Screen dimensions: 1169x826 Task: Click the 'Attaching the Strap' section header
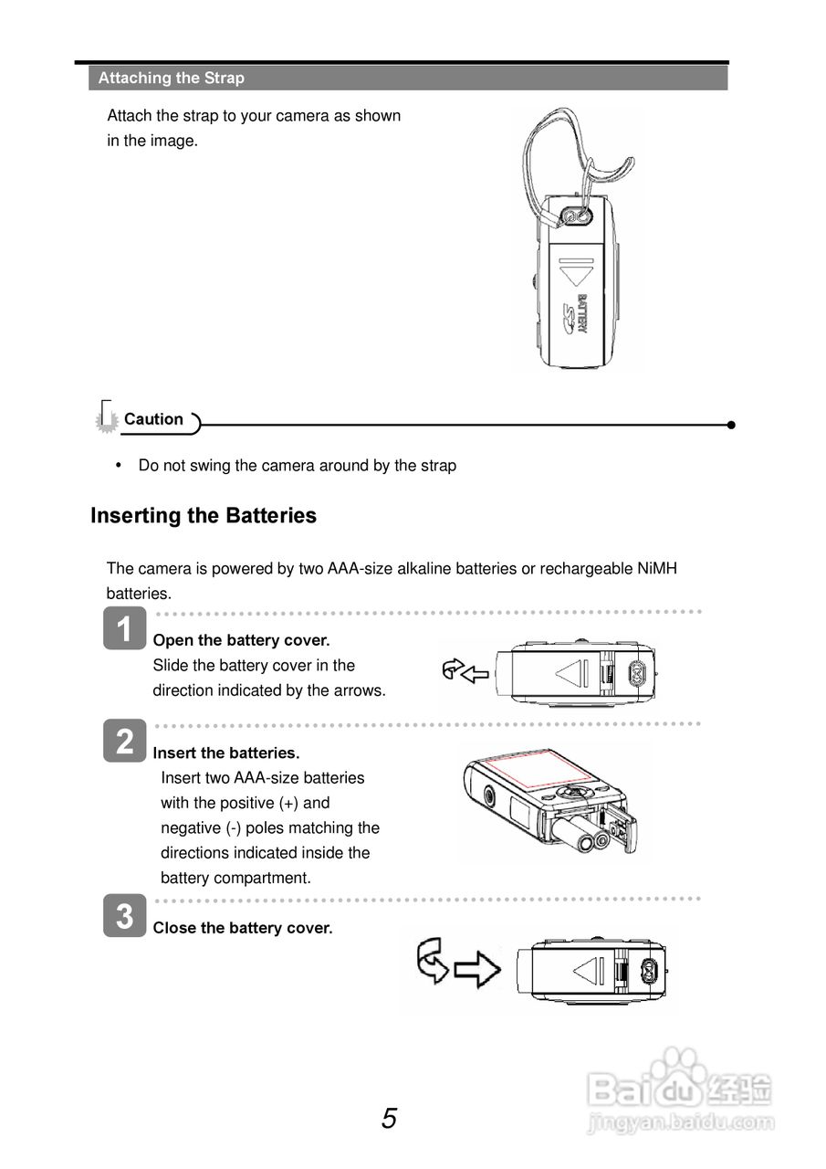[x=172, y=79]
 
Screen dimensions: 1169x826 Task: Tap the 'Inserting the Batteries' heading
[x=204, y=516]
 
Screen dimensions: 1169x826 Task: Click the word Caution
[x=153, y=419]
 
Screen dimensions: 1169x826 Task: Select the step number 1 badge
[x=125, y=629]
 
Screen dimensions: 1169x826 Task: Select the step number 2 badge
[x=125, y=741]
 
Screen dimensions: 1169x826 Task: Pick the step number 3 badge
[x=125, y=915]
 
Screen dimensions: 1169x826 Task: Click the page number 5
[x=390, y=1119]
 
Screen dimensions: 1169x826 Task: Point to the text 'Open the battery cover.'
[x=242, y=640]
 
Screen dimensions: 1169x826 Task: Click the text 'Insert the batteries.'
[x=226, y=753]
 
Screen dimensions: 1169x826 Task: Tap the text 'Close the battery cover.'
[x=243, y=928]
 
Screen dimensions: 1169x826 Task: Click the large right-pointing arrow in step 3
[x=477, y=970]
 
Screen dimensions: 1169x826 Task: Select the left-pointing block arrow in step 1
[x=476, y=675]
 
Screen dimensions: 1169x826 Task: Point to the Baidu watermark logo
[x=680, y=1087]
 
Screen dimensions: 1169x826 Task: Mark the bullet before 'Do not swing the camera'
[x=119, y=465]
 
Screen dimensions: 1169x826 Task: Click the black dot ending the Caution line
[x=731, y=425]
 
